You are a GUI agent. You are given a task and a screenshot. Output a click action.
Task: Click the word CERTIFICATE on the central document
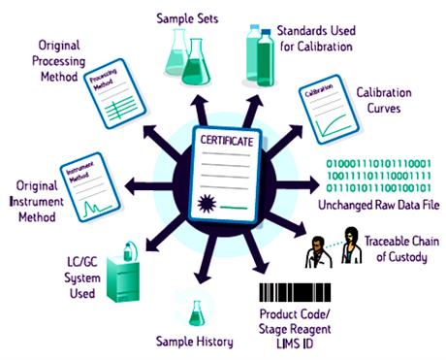227,142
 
